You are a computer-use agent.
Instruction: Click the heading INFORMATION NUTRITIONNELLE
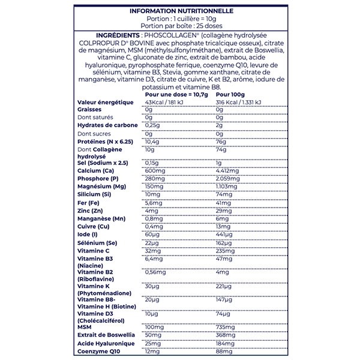click(x=179, y=10)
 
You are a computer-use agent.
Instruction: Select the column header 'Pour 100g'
click(x=230, y=95)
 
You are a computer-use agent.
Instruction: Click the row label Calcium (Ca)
click(x=96, y=171)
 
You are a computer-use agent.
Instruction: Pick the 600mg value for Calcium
click(x=154, y=171)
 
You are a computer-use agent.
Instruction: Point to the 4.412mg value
click(x=229, y=171)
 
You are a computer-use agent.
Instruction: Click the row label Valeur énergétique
click(x=106, y=103)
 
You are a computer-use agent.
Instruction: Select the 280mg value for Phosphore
click(x=154, y=179)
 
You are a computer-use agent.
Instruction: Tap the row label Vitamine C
click(x=95, y=251)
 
